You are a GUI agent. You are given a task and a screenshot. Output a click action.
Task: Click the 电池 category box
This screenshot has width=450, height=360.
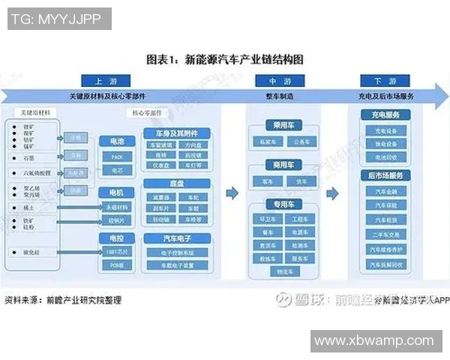tap(116, 141)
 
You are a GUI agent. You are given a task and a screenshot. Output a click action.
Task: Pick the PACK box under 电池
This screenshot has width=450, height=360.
tap(116, 157)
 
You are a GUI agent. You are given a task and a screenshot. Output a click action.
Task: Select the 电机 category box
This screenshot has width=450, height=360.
tap(116, 193)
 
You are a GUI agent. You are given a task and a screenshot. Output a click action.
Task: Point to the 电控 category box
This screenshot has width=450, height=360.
tap(116, 238)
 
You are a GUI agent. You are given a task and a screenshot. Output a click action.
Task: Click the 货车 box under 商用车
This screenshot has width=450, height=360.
tap(301, 181)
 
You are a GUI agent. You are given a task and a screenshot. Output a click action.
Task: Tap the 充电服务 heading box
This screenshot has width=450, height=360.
tap(385, 115)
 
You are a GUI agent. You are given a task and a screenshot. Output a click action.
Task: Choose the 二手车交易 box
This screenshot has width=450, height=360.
tap(385, 233)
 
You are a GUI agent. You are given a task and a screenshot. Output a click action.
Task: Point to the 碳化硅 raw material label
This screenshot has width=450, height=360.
tap(31, 253)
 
